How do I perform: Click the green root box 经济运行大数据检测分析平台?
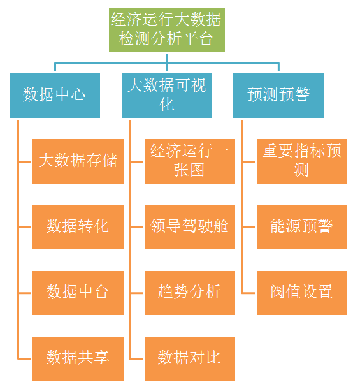coord(166,29)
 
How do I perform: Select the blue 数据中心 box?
coord(55,95)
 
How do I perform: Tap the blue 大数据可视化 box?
coord(167,95)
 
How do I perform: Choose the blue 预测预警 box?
coord(278,95)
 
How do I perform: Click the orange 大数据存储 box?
coord(78,161)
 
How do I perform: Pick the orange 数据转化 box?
coord(78,226)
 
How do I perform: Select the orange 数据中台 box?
coord(78,292)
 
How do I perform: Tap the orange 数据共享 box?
coord(78,358)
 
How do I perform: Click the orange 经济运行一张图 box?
coord(189,161)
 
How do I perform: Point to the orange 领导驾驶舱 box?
coord(189,226)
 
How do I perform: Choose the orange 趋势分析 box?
coord(189,292)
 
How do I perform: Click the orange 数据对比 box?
coord(189,358)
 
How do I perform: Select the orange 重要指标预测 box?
coord(301,161)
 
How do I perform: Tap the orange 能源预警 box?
coord(301,226)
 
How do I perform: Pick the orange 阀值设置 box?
coord(301,292)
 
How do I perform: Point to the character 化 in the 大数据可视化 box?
coord(167,104)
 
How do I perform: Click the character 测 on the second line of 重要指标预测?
coord(301,170)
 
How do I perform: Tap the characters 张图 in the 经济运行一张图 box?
coord(189,170)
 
